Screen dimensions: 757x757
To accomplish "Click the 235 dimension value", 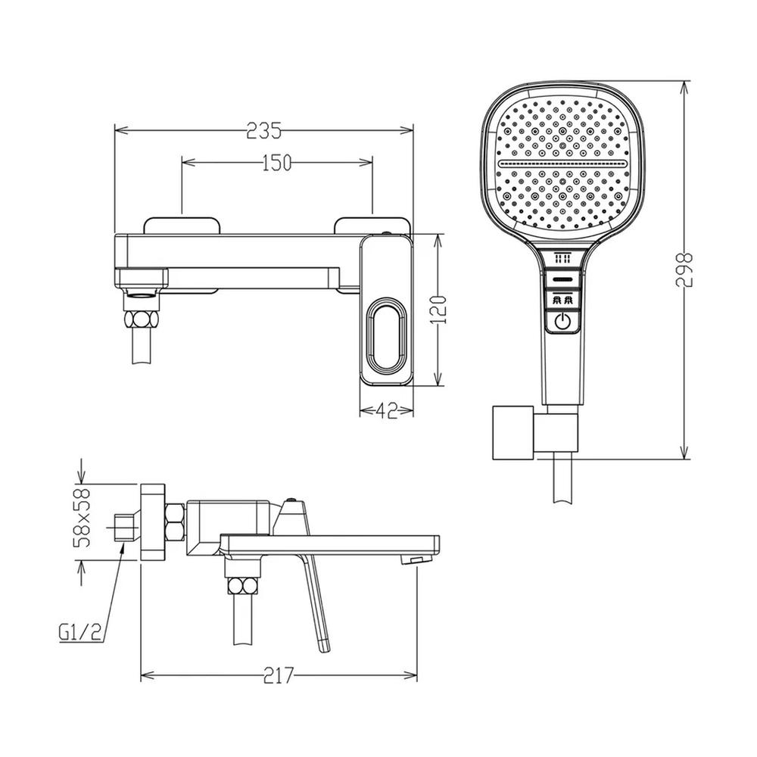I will [x=264, y=130].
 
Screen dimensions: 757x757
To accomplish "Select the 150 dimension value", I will [x=276, y=164].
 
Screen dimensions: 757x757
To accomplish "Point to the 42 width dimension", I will [x=387, y=411].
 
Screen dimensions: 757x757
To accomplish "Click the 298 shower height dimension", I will [x=686, y=269].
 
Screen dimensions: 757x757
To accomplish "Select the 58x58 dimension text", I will [x=82, y=518].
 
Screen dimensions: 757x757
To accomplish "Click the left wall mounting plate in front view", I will [x=180, y=225].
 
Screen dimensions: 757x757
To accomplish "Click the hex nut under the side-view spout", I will [x=242, y=584].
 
